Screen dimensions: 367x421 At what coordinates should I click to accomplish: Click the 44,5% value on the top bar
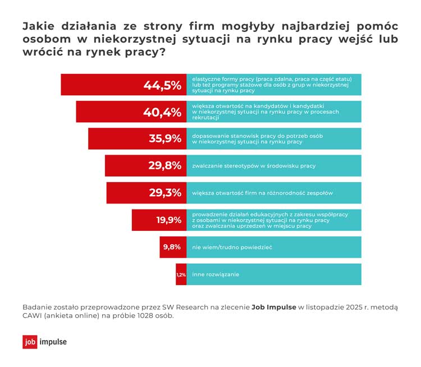(x=162, y=85)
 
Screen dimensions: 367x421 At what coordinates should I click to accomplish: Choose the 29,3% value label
(x=165, y=193)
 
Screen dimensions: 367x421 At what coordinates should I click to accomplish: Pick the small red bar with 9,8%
(x=172, y=247)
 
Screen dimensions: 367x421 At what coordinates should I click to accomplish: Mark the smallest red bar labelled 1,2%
(x=181, y=274)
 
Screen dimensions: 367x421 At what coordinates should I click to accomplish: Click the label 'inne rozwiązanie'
(x=216, y=274)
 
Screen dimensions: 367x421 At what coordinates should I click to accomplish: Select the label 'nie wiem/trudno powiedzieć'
(x=232, y=247)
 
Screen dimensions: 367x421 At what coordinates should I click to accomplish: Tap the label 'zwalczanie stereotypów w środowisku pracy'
(x=254, y=166)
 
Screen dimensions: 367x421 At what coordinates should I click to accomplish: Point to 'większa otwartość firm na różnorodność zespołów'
(x=263, y=193)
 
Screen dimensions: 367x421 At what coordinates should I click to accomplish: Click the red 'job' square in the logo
(x=30, y=342)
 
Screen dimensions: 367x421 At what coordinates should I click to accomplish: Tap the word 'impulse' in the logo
(x=53, y=342)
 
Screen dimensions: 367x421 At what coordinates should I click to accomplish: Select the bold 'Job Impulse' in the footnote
(x=273, y=307)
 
